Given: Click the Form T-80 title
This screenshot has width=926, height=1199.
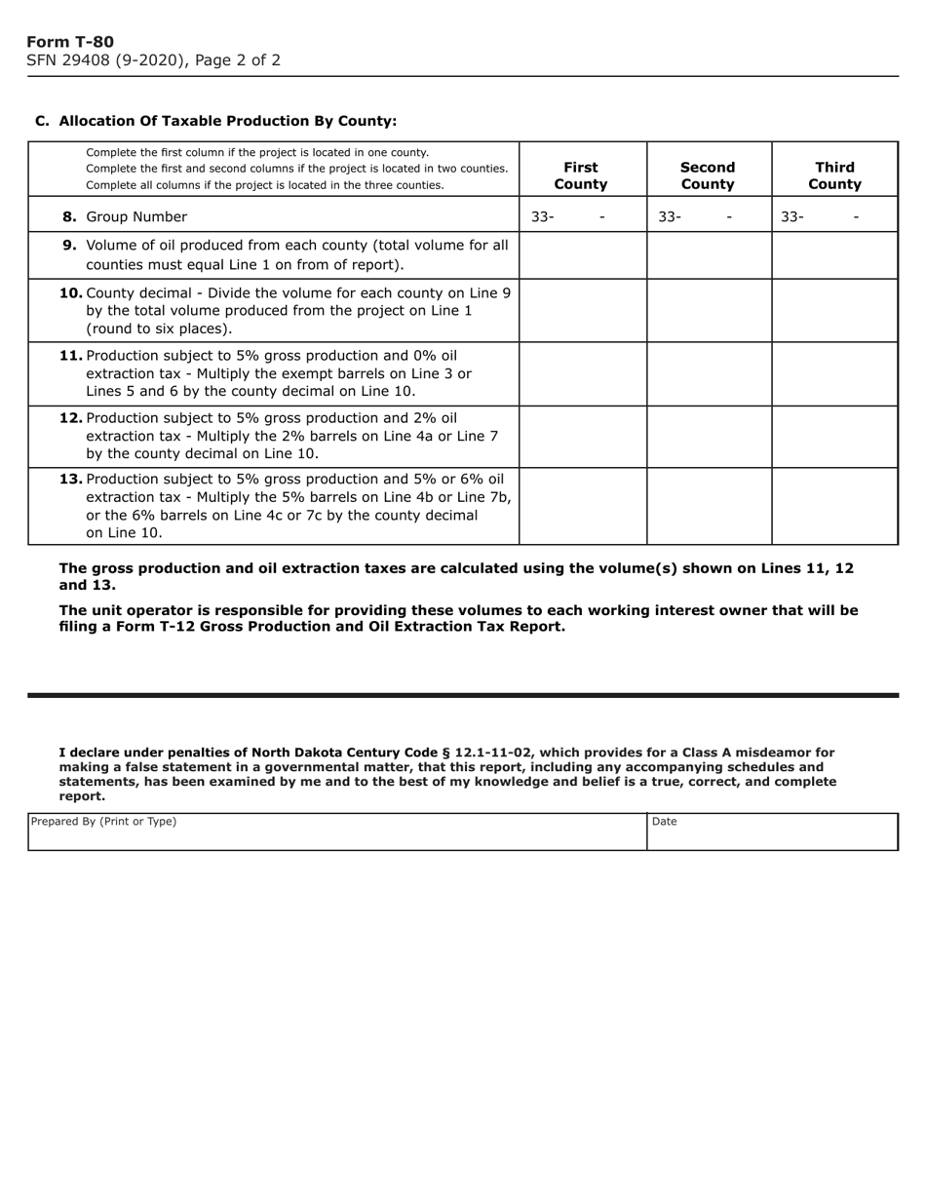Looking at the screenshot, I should point(70,42).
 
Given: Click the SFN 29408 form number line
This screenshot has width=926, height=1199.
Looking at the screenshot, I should point(153,60).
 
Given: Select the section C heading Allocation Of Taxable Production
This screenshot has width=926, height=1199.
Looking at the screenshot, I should point(215,121).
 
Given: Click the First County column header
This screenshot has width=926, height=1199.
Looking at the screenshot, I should point(581,175).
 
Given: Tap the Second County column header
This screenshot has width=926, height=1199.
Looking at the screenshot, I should point(708,175).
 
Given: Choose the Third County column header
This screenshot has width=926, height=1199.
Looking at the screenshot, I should point(834,175).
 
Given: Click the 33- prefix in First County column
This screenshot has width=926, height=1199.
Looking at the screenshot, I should point(543,216).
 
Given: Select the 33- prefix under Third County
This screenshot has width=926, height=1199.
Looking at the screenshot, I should point(792,216).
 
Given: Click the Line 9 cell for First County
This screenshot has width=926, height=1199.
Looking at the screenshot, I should point(582,255).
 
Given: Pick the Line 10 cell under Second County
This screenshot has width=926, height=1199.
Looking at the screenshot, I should point(709,310).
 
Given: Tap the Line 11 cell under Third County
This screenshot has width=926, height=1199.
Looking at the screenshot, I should point(834,373).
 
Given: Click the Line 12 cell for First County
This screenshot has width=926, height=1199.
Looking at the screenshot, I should point(582,437).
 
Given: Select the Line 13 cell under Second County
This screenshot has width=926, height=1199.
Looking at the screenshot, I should point(709,506).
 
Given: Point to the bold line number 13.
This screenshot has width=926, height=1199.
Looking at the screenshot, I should point(71,479).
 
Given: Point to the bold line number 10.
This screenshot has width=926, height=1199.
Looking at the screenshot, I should point(71,292).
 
